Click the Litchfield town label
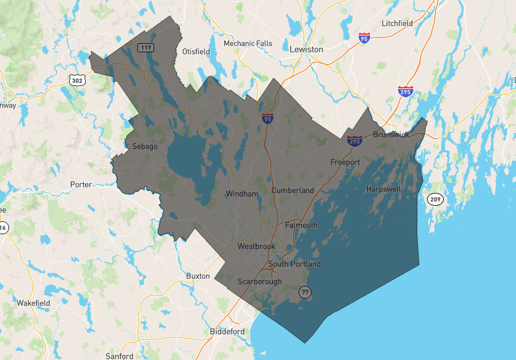click(397, 23)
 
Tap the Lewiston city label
click(306, 49)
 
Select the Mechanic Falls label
click(248, 44)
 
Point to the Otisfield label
click(197, 50)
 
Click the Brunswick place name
click(392, 135)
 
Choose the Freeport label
click(345, 162)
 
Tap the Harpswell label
click(383, 189)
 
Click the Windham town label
click(242, 194)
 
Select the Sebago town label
click(144, 146)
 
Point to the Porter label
click(81, 185)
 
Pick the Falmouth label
click(301, 225)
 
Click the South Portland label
click(294, 264)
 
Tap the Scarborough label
click(260, 282)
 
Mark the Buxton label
click(198, 276)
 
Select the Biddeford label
click(227, 332)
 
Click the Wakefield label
click(34, 303)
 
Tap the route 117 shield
click(144, 47)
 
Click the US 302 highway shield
click(77, 81)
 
